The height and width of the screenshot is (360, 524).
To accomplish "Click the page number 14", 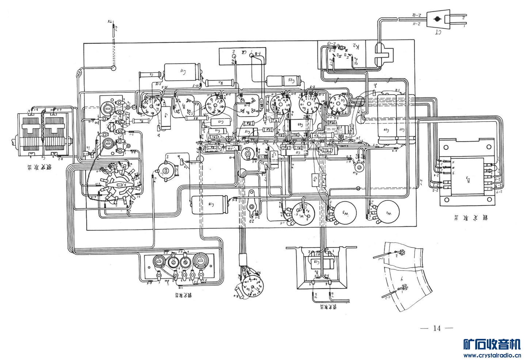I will [x=437, y=328].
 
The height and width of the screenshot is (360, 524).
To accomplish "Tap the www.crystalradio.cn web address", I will [x=492, y=355].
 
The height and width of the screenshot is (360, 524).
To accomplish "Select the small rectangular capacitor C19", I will [x=315, y=179].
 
